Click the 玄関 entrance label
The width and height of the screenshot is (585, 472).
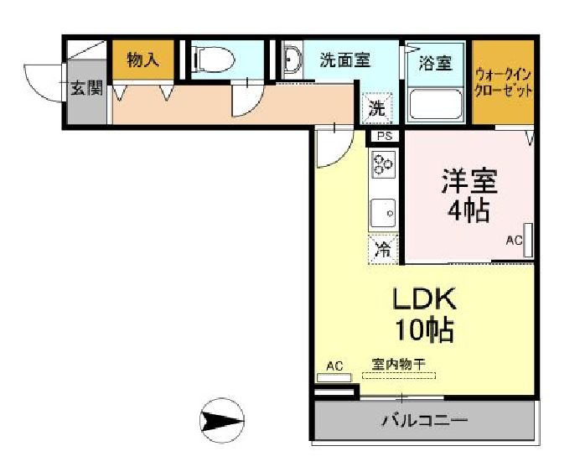pos(85,87)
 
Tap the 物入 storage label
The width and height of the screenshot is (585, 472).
pos(142,60)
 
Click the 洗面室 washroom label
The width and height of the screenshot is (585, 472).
pos(345,60)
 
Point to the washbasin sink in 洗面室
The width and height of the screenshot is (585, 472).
pos(292,61)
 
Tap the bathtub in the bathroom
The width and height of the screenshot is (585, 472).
pos(435,104)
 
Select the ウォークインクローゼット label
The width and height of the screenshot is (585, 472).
pos(503,82)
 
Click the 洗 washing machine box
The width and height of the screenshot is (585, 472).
pos(377,107)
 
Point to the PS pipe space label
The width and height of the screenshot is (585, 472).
pos(384,136)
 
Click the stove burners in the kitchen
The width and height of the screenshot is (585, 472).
pos(383,165)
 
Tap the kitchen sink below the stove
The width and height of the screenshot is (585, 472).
pos(383,214)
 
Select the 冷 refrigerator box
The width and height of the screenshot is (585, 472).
pos(382,248)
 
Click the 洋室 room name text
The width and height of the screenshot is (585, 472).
pos(469,181)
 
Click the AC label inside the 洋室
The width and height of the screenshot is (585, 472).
pos(513,241)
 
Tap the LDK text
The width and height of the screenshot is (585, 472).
pos(424,298)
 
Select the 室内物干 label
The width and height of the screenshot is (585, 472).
pos(399,365)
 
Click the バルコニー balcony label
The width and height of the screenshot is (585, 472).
pos(424,419)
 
